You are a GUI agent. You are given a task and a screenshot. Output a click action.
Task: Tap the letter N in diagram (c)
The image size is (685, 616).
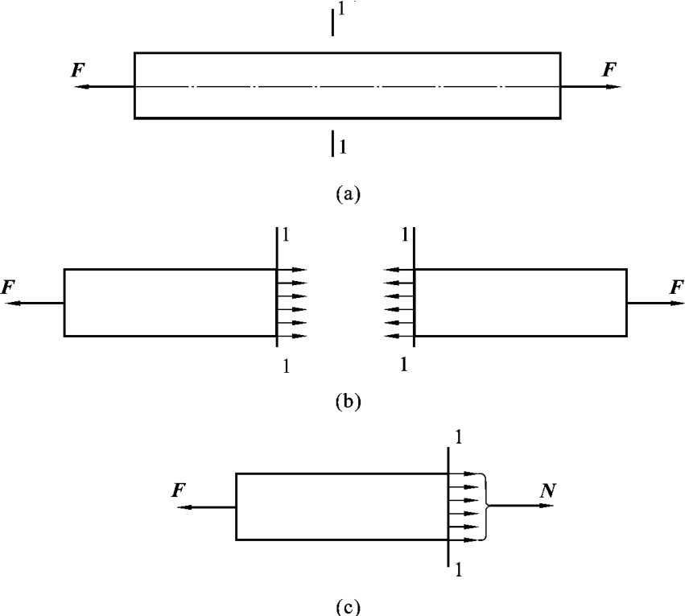click(x=547, y=488)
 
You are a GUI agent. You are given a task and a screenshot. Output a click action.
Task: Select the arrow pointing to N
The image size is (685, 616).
click(x=522, y=506)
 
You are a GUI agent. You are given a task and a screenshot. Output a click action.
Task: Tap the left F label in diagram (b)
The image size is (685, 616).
click(x=10, y=287)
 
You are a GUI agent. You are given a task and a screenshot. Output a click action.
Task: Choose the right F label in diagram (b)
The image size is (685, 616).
click(x=676, y=287)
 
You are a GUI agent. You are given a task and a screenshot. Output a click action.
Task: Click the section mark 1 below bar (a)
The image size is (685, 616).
click(x=343, y=146)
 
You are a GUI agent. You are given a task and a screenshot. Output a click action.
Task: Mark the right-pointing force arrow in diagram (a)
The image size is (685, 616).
click(x=592, y=85)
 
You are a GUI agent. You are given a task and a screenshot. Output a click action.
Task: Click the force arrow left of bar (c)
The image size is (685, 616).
click(x=207, y=507)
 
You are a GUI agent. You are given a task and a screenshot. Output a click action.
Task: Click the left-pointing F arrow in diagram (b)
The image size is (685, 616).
click(x=36, y=303)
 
